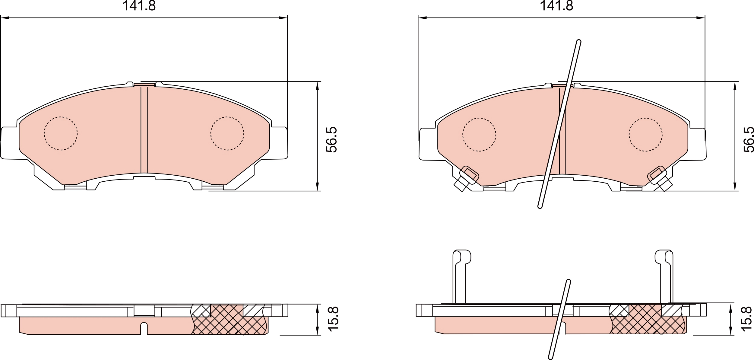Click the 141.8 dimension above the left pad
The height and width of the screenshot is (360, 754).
tap(139, 6)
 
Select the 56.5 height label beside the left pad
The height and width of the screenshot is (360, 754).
tap(332, 139)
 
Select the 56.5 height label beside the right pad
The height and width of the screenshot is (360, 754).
tap(749, 139)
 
